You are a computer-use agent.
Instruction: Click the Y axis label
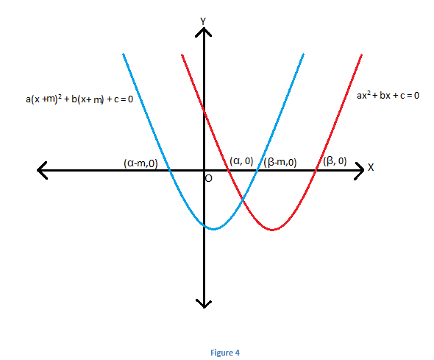tap(203, 21)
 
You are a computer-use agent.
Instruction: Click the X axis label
tap(371, 167)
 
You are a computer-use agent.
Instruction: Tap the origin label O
tap(209, 179)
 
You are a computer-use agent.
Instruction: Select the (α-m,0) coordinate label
tap(140, 163)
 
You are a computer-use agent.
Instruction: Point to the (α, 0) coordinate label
tap(241, 161)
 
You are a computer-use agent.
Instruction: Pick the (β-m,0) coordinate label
tap(280, 162)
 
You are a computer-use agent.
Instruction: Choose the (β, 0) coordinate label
tap(335, 160)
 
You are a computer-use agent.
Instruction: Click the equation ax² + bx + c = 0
tap(388, 95)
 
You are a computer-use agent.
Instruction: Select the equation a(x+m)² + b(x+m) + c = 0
tap(79, 99)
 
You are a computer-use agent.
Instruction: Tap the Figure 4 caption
tap(225, 353)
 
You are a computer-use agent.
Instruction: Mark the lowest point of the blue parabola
tap(213, 229)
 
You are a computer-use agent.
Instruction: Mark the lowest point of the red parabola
tap(273, 230)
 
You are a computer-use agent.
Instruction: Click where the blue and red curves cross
tap(243, 199)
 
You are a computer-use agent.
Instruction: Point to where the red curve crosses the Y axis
tap(204, 110)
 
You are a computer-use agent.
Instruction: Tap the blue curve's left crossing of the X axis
tap(170, 170)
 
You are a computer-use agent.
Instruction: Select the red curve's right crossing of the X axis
tap(315, 170)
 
